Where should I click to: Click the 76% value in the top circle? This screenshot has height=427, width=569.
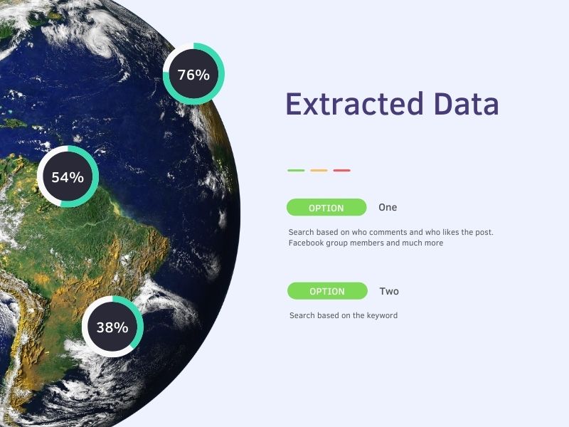coord(193,75)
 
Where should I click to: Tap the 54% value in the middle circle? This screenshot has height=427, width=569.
coord(68,177)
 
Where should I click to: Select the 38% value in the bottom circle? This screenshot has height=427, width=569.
coord(112,327)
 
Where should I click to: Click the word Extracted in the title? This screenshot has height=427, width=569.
coord(354,104)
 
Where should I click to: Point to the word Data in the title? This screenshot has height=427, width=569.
coord(466,104)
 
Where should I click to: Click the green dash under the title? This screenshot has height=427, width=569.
coord(296,170)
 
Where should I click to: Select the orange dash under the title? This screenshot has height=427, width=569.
coord(319,170)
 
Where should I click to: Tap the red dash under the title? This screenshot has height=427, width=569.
coord(342,170)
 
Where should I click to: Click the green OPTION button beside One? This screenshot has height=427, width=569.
coord(326,207)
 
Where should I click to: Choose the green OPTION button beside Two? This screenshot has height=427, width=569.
coord(327,291)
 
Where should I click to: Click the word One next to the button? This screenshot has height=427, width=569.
coord(388,207)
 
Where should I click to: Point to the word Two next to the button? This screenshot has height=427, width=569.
coord(389,291)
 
